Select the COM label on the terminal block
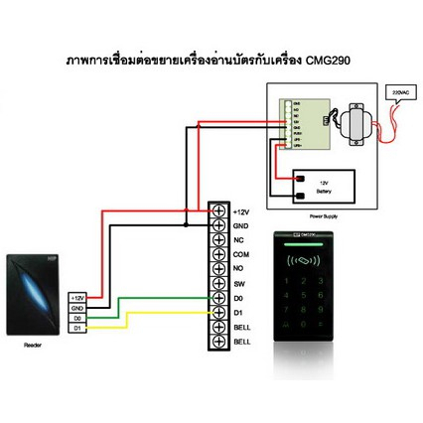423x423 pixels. pyautogui.click(x=239, y=255)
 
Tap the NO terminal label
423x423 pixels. pyautogui.click(x=237, y=269)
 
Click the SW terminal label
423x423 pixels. pyautogui.click(x=237, y=284)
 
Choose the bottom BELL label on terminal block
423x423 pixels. pyautogui.click(x=240, y=342)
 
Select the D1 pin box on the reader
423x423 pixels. pyautogui.click(x=77, y=327)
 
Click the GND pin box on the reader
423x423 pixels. pyautogui.click(x=77, y=308)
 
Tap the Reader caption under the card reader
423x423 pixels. pyautogui.click(x=32, y=350)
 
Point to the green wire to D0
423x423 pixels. pyautogui.click(x=159, y=298)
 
